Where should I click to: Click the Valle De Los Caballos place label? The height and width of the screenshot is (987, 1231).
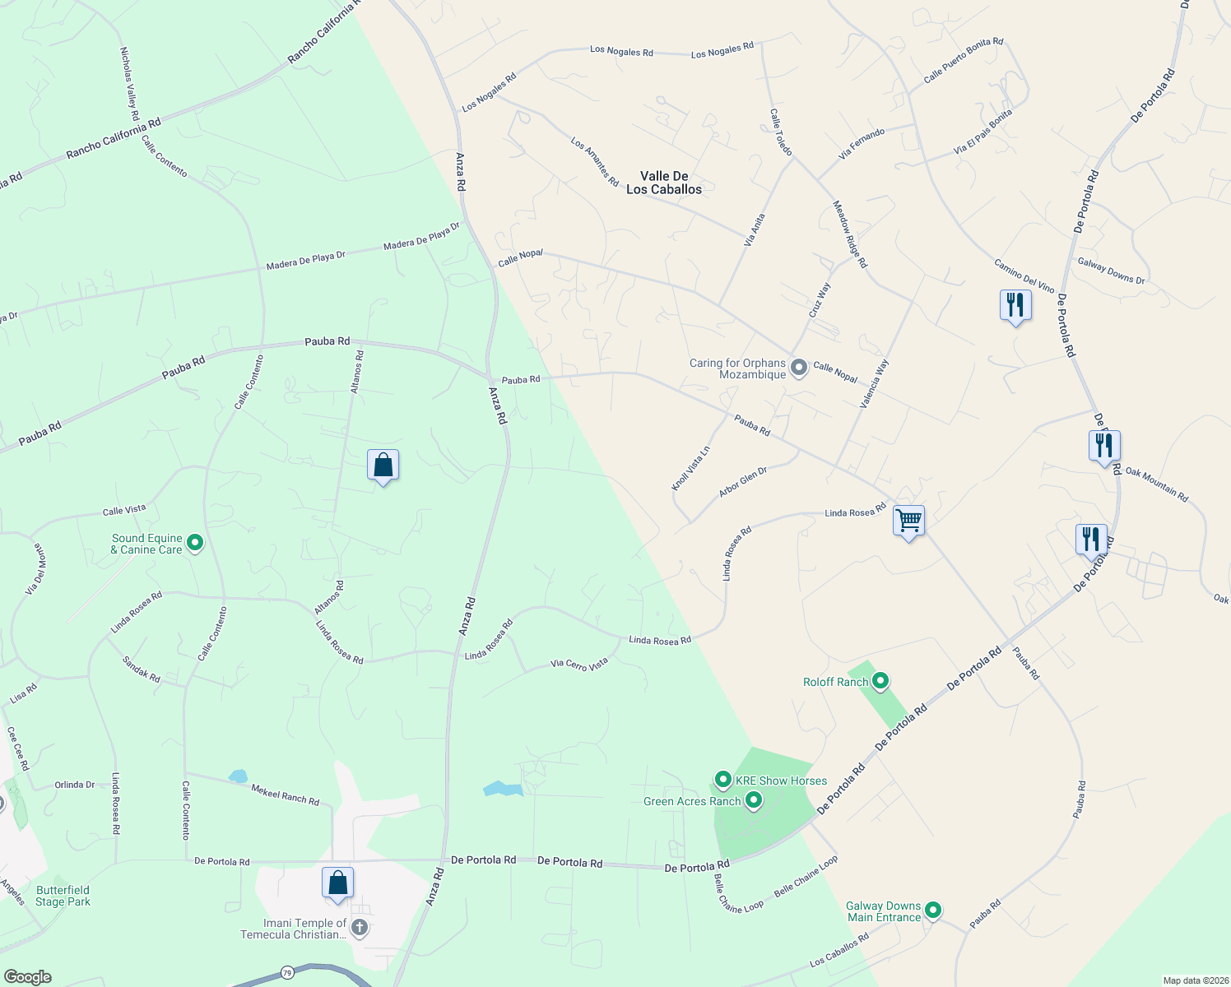click(x=664, y=183)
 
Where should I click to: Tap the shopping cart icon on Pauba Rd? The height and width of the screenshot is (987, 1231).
click(x=908, y=521)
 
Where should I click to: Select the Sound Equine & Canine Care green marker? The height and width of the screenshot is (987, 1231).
click(x=195, y=543)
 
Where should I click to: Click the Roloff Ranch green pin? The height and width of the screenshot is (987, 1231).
click(x=880, y=681)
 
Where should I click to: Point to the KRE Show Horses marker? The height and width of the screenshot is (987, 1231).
click(x=723, y=779)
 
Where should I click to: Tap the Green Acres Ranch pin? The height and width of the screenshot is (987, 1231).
click(x=753, y=800)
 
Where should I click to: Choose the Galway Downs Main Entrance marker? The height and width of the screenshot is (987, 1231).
click(x=932, y=910)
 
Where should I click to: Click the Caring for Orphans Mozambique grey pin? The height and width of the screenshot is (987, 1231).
click(x=798, y=368)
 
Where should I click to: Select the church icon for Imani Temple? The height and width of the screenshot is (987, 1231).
click(x=359, y=928)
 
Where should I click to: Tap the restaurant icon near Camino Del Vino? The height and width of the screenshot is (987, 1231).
click(x=1015, y=306)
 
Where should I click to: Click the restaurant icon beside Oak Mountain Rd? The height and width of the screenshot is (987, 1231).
click(x=1104, y=447)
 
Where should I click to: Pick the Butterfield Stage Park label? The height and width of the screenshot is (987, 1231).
click(x=63, y=896)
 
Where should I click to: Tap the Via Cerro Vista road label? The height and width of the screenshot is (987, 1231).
click(x=579, y=664)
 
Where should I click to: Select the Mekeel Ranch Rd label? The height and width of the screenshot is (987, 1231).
click(x=285, y=795)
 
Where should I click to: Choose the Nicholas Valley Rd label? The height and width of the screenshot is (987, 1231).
click(x=129, y=83)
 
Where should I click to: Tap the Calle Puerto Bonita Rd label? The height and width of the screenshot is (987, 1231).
click(x=963, y=60)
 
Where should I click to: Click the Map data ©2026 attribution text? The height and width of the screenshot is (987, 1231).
click(x=1196, y=980)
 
